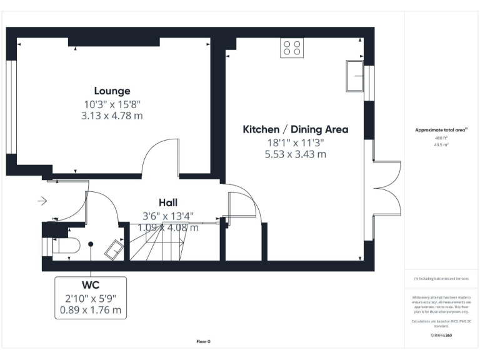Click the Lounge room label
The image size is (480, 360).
pos(112,91)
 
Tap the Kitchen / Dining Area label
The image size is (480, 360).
pos(295,129)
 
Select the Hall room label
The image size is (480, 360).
pos(167,202)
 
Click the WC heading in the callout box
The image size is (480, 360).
pos(91,286)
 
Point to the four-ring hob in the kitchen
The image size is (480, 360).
pos(291,48)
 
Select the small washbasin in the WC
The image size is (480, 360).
pos(114,251)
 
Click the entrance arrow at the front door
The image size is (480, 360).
pos(42,201)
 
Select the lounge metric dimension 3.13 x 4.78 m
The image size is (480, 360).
pos(112,116)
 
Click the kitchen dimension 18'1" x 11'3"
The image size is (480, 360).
pos(295,142)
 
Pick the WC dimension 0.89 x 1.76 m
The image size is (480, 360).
pos(91,309)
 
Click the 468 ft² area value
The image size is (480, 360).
pos(441,137)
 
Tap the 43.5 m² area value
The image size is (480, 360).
pos(441,144)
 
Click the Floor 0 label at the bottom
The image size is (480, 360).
pos(204,341)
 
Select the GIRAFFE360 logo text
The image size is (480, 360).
pos(441,336)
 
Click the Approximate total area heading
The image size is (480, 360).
pos(441,130)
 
